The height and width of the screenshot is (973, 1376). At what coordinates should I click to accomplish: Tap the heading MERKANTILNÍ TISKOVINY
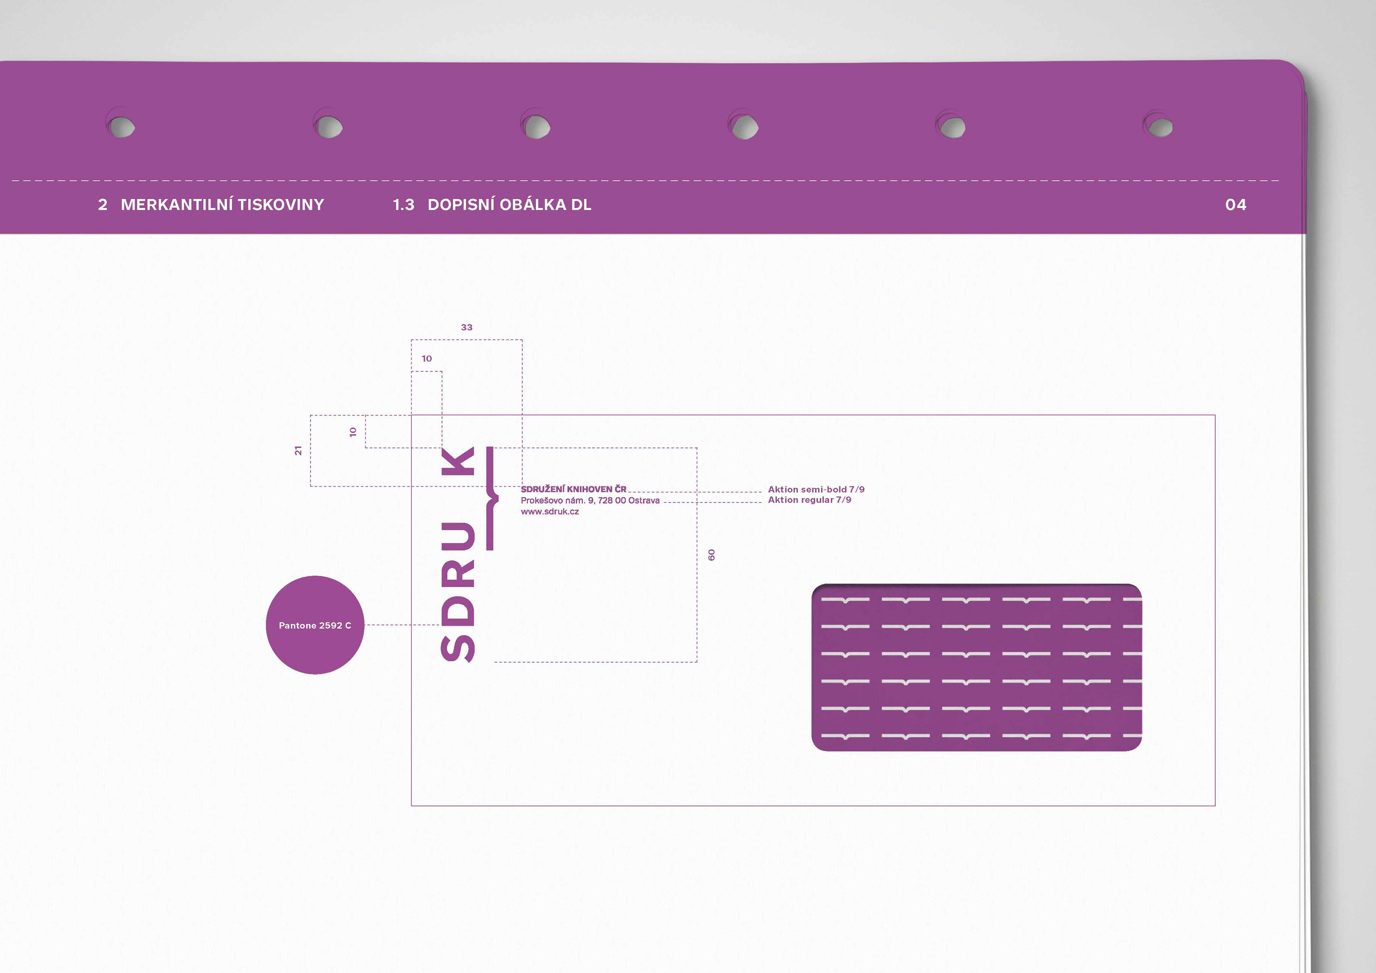(x=222, y=205)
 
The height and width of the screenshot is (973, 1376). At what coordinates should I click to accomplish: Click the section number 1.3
(x=403, y=205)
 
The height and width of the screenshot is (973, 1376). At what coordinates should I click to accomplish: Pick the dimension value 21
(x=298, y=451)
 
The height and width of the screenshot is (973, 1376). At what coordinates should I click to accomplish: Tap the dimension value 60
(x=711, y=555)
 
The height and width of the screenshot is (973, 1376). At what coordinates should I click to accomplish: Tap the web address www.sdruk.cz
(x=550, y=512)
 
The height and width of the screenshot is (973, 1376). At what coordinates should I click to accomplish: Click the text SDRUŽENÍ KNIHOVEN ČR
(x=573, y=489)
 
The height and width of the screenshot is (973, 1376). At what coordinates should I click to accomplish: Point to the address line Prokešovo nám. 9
(x=590, y=500)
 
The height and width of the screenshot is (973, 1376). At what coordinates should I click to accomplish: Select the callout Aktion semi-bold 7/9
(x=816, y=489)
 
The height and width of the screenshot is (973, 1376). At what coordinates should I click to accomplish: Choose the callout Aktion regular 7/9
(x=809, y=500)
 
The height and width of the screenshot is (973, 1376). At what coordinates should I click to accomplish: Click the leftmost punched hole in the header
(x=122, y=126)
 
